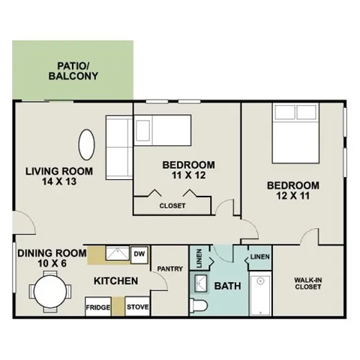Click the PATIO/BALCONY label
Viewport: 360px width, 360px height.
pos(73,70)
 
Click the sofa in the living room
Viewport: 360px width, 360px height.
pos(117,148)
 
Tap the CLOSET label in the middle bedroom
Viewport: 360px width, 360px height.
pos(172,206)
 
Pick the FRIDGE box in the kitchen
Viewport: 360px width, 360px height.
pos(98,307)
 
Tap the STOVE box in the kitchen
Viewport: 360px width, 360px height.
pos(137,307)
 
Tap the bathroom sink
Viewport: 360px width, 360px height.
pos(202,282)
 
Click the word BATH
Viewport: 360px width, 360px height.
pos(228,286)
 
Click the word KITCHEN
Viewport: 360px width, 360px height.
pos(115,280)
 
